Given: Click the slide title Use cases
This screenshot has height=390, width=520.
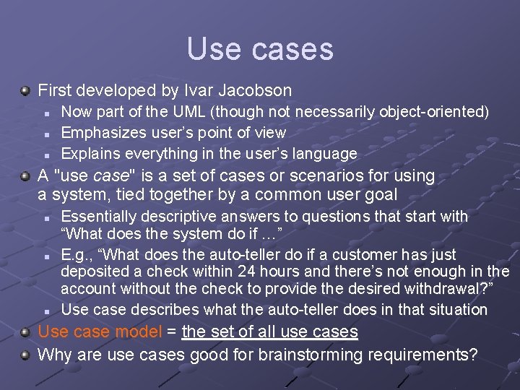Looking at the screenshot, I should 260,49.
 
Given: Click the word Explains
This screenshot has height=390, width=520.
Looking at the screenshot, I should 90,154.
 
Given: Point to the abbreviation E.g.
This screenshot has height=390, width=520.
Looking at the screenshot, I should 73,255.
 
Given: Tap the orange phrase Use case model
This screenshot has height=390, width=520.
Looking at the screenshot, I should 100,332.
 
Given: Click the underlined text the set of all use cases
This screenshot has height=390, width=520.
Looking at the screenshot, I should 269,332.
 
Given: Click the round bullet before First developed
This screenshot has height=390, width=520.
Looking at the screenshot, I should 25,91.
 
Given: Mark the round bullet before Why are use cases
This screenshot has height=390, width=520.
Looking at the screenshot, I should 25,355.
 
